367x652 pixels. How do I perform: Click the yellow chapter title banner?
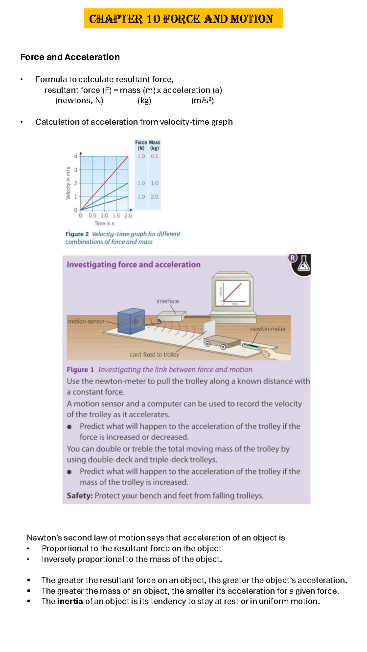(183, 19)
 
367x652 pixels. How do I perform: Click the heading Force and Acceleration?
(70, 57)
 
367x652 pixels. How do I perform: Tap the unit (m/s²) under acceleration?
(202, 101)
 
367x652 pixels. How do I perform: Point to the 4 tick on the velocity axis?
(76, 156)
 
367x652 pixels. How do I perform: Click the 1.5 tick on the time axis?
(116, 215)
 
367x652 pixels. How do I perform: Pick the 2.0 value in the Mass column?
(154, 197)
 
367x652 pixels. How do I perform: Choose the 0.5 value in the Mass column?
(154, 156)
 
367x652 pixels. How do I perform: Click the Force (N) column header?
(141, 145)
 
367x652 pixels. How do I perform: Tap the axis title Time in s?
(104, 223)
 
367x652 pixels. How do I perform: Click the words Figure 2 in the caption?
(77, 234)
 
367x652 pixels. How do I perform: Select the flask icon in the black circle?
(303, 265)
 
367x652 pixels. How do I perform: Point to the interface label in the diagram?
(168, 301)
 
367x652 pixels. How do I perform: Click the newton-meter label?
(268, 329)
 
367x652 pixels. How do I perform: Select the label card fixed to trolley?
(154, 355)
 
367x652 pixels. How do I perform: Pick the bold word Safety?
(80, 495)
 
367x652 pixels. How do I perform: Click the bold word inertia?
(70, 601)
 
